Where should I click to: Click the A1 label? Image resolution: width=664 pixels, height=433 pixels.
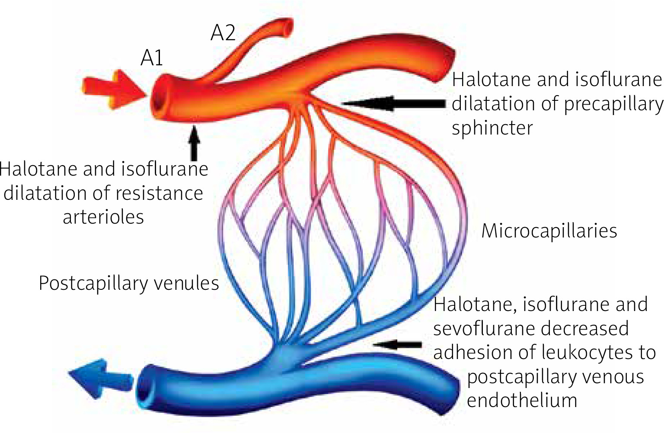(x=152, y=58)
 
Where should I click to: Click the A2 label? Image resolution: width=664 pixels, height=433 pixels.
(x=223, y=33)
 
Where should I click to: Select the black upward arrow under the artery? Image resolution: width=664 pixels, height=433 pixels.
(x=195, y=143)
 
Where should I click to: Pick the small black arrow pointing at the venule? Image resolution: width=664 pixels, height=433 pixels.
(x=397, y=344)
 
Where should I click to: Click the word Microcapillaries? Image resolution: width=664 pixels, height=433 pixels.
(x=549, y=231)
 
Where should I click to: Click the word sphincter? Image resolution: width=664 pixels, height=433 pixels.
(x=492, y=128)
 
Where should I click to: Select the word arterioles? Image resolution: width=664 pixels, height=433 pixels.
(x=103, y=217)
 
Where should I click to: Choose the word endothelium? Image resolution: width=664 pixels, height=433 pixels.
(x=522, y=400)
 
